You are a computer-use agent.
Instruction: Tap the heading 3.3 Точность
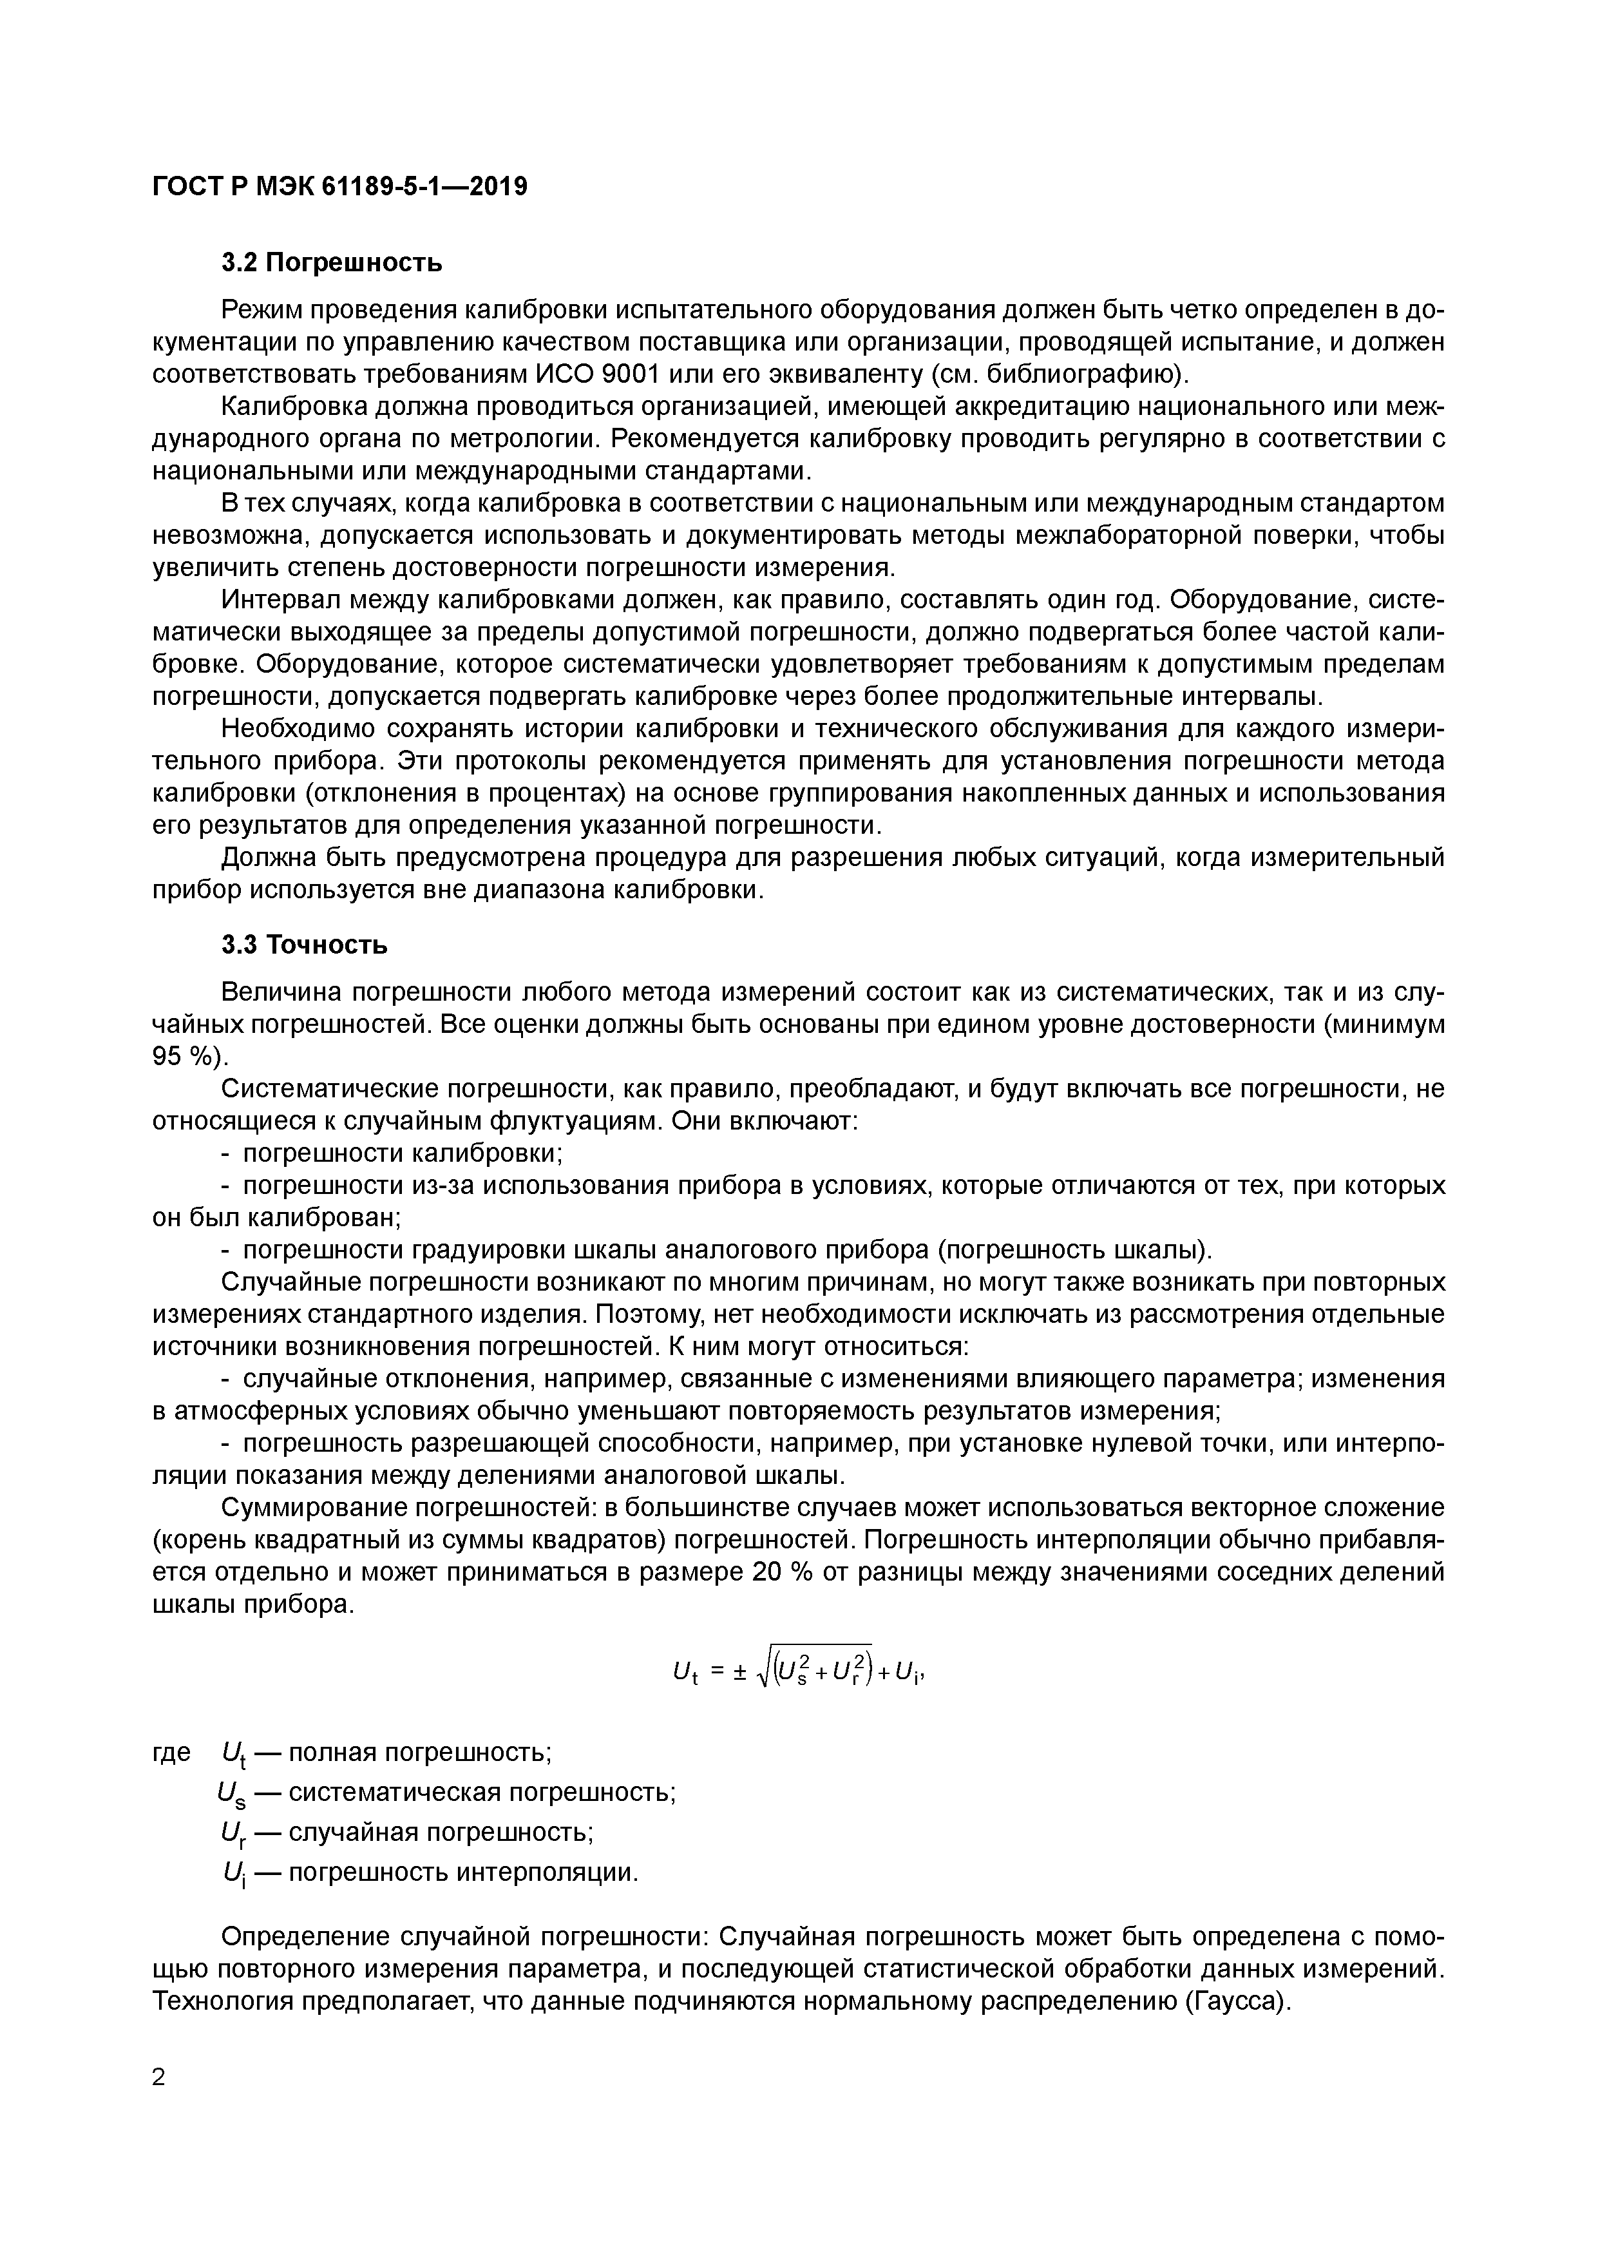click(x=304, y=945)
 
